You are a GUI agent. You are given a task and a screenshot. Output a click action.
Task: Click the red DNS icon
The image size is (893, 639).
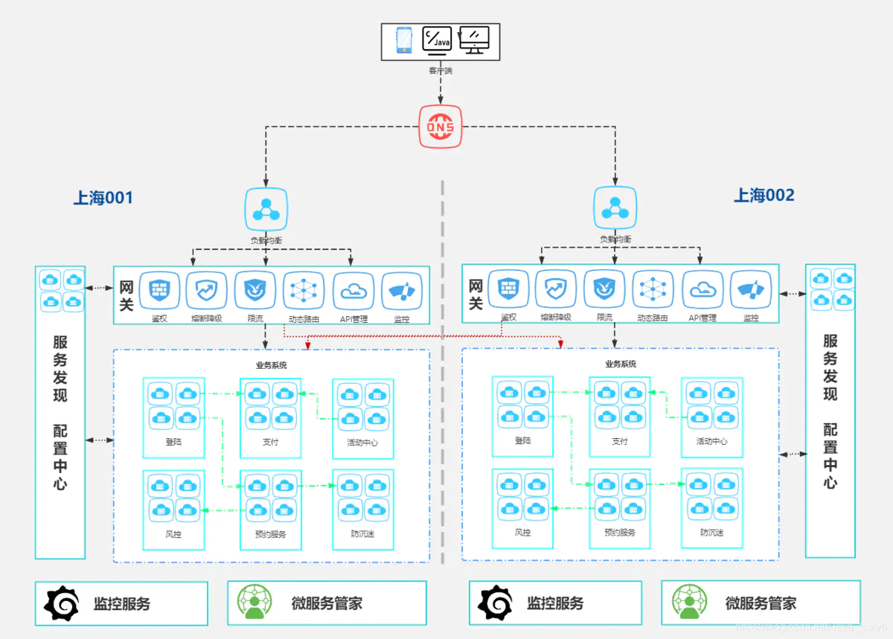pos(440,127)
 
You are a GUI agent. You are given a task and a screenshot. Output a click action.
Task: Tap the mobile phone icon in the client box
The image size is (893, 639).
pos(404,40)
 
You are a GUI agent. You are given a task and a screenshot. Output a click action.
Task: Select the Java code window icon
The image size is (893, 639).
pos(437,40)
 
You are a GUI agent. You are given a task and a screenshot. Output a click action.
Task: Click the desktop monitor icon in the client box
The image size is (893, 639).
pos(474,40)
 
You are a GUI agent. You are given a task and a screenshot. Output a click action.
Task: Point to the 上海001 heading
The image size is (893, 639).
pos(103,198)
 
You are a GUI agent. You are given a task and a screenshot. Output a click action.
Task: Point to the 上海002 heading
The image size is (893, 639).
pos(764,196)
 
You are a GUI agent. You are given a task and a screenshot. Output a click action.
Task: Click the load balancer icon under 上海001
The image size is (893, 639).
pos(266,210)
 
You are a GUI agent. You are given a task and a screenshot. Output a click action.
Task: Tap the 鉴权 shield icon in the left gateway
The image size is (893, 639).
pos(159,291)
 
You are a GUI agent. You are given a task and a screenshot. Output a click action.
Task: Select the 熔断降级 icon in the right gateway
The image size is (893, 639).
pos(556,289)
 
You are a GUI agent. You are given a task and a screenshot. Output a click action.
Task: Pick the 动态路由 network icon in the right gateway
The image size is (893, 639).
pos(653,289)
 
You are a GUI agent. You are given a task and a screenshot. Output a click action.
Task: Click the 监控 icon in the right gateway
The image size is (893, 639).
pos(750,289)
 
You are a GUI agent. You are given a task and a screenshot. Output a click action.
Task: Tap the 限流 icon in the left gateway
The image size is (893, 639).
pos(255,291)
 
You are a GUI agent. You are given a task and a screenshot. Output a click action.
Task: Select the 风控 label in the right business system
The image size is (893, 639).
pos(522,533)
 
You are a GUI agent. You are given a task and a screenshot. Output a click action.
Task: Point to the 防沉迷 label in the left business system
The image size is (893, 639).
pos(362,534)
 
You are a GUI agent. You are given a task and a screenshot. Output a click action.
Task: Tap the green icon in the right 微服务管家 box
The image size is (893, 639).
pos(690,603)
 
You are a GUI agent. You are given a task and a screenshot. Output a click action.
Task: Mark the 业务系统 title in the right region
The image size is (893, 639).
pos(621,365)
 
